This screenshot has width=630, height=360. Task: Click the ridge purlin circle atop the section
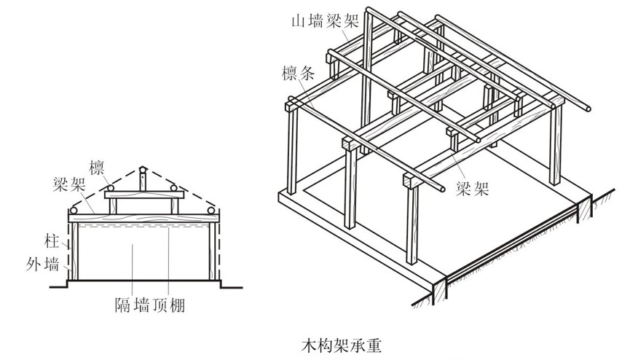[143, 168]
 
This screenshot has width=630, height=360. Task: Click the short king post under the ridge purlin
[143, 181]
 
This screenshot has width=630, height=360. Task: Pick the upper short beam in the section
[142, 195]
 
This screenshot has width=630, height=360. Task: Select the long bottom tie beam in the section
[142, 216]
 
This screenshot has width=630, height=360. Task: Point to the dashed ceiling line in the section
[142, 227]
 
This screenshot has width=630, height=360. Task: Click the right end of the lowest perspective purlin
[445, 191]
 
